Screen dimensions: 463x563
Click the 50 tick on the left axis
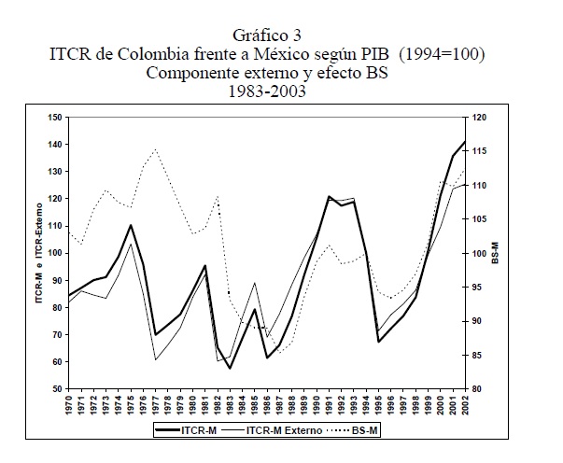(58, 388)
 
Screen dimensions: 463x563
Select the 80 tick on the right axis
(478, 388)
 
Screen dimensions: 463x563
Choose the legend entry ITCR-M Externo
(286, 432)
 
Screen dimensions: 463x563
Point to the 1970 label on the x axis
(69, 407)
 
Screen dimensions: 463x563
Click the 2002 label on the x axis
(464, 407)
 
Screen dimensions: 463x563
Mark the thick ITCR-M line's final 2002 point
(464, 141)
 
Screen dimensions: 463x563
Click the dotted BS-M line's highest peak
(155, 149)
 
